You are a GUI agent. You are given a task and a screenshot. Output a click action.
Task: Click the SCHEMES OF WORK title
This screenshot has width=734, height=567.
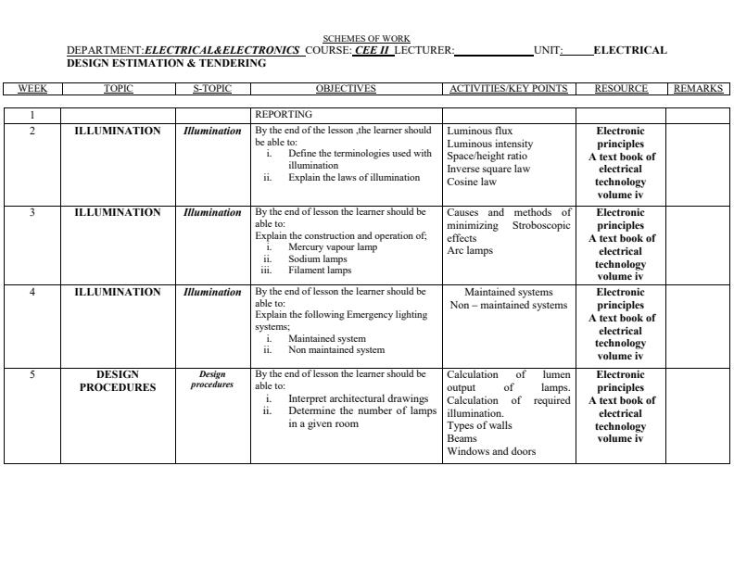coord(366,39)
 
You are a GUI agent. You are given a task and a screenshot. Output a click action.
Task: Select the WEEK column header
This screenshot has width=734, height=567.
coord(32,89)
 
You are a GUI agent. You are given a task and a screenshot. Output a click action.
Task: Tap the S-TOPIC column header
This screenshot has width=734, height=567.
coord(212,89)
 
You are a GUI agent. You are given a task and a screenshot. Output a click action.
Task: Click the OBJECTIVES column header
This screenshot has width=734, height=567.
coord(346,89)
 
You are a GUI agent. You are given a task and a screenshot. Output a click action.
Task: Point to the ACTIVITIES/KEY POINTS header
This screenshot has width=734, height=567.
coord(508,89)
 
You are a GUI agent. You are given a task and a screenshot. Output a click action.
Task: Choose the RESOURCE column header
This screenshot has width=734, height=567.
coord(621,89)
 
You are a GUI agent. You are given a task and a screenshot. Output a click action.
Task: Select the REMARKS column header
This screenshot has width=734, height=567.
coord(698,89)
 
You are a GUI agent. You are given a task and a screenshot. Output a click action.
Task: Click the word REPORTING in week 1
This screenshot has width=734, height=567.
coord(284,115)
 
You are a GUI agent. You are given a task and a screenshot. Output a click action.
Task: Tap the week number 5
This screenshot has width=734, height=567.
coord(32,375)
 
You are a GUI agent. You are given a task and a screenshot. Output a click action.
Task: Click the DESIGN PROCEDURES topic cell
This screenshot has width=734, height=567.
coord(118,381)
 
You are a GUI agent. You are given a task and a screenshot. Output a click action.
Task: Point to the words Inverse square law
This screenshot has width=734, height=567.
coord(488,170)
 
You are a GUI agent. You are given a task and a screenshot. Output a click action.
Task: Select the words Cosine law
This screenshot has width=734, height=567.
coord(472,183)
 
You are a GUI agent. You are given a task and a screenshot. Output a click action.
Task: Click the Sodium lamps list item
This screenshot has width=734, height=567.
coord(317,259)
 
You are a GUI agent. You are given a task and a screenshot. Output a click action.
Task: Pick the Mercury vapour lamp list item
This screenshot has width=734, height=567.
coord(333,247)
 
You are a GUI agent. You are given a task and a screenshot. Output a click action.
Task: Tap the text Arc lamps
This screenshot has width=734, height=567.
coord(470,251)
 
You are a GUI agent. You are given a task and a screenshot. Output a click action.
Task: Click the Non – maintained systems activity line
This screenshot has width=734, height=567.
coord(508,305)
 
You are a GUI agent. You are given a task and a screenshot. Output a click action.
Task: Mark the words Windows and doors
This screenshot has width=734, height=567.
coord(491,452)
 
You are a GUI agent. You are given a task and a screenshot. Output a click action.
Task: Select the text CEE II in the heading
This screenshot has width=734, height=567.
coord(372,51)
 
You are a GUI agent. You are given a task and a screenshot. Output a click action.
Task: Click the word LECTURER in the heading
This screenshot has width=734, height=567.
coord(424,51)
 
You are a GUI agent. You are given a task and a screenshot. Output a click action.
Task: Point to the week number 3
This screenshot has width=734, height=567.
coord(32,212)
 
